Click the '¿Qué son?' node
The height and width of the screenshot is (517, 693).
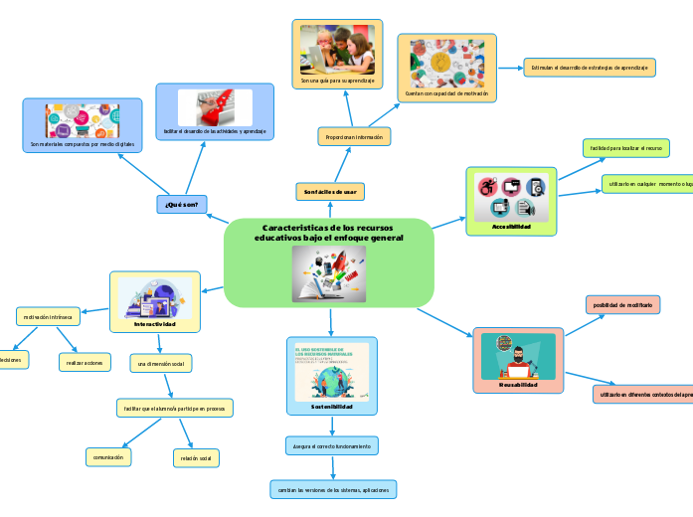click(181, 205)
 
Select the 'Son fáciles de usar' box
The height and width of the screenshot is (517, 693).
click(330, 190)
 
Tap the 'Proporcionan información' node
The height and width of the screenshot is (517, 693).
click(354, 135)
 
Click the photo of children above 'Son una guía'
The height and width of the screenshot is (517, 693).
click(337, 49)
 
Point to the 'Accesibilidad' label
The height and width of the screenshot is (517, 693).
click(511, 227)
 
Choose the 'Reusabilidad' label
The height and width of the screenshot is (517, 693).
click(517, 384)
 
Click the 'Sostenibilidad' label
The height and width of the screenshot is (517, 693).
click(331, 407)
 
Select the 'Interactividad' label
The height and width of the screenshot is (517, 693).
click(154, 324)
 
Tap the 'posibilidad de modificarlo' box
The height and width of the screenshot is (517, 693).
click(623, 305)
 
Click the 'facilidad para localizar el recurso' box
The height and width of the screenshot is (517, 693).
click(625, 148)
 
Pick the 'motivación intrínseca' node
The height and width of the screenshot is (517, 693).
click(49, 317)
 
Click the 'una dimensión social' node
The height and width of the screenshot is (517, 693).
click(161, 364)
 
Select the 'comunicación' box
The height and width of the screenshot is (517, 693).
click(107, 457)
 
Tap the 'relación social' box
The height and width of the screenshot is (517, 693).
click(195, 458)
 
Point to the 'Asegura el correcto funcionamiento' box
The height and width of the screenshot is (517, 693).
click(330, 446)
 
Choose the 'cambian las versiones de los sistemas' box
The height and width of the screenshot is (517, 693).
click(334, 490)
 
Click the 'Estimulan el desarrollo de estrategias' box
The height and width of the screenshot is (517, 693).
click(590, 68)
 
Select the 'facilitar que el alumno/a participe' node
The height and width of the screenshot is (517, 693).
click(174, 409)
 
